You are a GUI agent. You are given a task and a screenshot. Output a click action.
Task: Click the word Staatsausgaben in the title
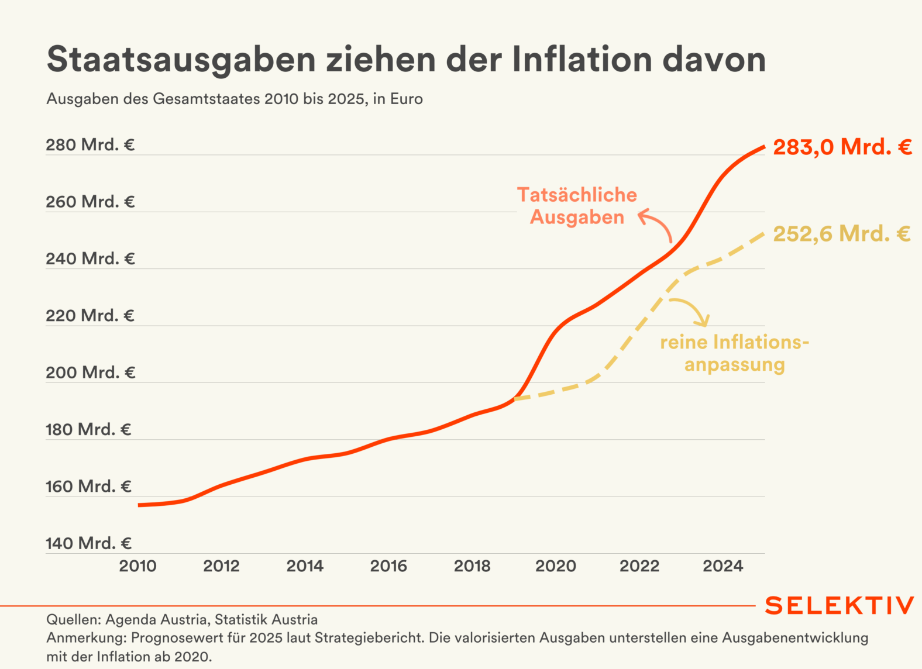tap(181, 60)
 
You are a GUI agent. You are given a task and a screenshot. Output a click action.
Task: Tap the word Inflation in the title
tap(582, 59)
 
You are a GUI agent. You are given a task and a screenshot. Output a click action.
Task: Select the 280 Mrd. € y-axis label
tap(90, 144)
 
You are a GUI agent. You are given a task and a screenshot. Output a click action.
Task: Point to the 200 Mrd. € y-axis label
tap(90, 372)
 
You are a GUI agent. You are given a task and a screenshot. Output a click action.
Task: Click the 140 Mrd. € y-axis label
tap(88, 543)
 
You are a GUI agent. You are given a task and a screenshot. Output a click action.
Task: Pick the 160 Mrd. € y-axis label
tap(88, 486)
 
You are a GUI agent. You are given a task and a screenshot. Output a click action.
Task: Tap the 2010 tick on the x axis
tap(138, 565)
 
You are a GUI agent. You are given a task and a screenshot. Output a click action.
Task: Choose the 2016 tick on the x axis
tap(388, 565)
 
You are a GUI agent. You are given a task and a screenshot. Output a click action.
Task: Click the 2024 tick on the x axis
tap(723, 565)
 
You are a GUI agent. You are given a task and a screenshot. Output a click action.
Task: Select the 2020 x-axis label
tap(556, 565)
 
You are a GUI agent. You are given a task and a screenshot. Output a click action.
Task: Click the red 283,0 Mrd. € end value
tap(842, 147)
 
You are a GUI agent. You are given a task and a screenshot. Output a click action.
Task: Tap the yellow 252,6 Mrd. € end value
tap(842, 234)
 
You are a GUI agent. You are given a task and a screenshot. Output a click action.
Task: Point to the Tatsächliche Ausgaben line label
tap(577, 206)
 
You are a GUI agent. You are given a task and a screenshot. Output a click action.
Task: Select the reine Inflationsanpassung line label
tap(735, 353)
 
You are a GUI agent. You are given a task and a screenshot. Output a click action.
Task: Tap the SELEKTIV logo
tap(839, 606)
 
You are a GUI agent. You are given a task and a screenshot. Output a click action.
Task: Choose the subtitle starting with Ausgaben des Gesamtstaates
tap(235, 99)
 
